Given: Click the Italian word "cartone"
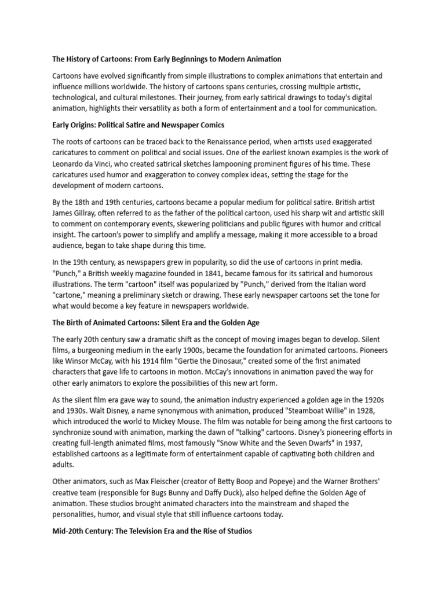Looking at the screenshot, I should [x=70, y=295].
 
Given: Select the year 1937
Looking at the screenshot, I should [x=345, y=444].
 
